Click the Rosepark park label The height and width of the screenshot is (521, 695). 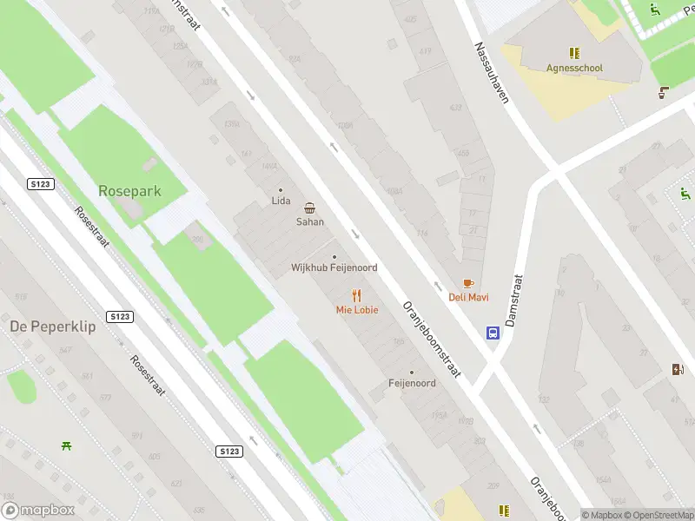pyautogui.click(x=129, y=190)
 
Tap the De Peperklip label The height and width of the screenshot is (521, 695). pyautogui.click(x=52, y=326)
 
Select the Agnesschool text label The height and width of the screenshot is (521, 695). pyautogui.click(x=574, y=68)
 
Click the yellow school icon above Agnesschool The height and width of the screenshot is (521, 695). pyautogui.click(x=574, y=53)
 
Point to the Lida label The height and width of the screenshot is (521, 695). pyautogui.click(x=281, y=201)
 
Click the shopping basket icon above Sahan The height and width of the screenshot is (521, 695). pyautogui.click(x=310, y=208)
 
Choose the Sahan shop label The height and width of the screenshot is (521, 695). pyautogui.click(x=310, y=221)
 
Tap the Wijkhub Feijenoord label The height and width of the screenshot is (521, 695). pyautogui.click(x=334, y=267)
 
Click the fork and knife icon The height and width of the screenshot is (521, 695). pyautogui.click(x=356, y=295)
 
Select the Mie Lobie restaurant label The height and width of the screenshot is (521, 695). pyautogui.click(x=357, y=310)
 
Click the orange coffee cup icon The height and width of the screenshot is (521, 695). pyautogui.click(x=468, y=283)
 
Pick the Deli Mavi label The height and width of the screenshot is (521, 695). pyautogui.click(x=468, y=297)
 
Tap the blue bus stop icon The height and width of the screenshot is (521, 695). pyautogui.click(x=493, y=333)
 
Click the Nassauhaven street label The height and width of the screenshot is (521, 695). pyautogui.click(x=491, y=74)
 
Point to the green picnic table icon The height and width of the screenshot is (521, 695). pyautogui.click(x=66, y=445)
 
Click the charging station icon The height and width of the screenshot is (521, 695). pyautogui.click(x=678, y=369)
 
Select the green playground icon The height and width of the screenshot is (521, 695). pyautogui.click(x=655, y=10)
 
